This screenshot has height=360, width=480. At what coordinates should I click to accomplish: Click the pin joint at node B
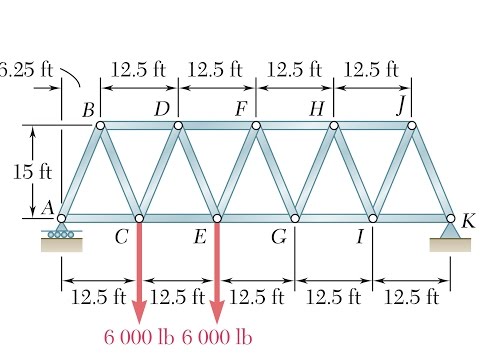[100, 125]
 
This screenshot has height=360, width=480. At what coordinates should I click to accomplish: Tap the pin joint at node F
[256, 125]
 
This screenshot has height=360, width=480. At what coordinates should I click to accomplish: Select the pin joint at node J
[412, 125]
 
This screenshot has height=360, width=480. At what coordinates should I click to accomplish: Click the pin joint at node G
[295, 218]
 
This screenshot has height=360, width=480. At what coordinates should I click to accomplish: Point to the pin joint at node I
[373, 218]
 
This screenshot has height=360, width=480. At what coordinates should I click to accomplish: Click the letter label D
[162, 109]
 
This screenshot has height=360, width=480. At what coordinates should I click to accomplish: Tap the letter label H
[317, 109]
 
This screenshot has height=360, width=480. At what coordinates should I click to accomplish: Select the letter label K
[468, 221]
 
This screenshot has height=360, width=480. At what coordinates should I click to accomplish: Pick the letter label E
[200, 237]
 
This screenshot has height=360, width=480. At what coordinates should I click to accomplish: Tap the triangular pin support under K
[450, 237]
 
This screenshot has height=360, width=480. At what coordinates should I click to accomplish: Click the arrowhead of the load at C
[139, 312]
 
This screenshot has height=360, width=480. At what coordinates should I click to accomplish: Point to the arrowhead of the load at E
[217, 312]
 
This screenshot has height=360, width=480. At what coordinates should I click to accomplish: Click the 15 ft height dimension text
[32, 172]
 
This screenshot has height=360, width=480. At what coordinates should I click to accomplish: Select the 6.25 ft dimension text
[26, 70]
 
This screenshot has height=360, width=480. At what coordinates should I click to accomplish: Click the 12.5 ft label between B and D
[138, 70]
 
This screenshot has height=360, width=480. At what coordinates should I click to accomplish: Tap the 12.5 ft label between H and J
[371, 70]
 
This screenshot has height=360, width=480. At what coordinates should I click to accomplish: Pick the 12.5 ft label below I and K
[412, 297]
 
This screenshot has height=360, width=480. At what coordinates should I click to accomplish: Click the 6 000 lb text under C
[139, 337]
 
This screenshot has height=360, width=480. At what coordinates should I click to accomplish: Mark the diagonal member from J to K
[431, 172]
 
